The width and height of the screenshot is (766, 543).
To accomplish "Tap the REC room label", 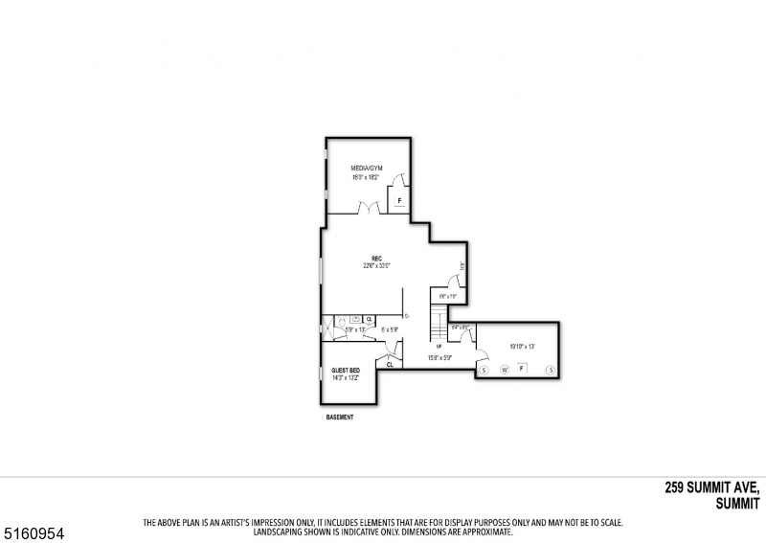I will coord(377,259).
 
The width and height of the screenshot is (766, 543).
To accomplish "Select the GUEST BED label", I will coord(345,371).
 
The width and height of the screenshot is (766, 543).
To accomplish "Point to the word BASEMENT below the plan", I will coord(340,418).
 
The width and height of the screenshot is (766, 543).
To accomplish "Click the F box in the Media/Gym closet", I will coord(398,201).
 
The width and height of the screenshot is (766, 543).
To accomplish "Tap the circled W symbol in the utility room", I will coord(504,369).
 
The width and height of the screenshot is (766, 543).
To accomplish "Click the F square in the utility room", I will coord(522,368).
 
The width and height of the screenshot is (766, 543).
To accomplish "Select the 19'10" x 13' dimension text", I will coord(522,346).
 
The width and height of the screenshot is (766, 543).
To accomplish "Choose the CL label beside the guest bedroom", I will coord(390,364).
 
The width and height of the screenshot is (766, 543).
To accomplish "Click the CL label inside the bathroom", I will coord(369,319).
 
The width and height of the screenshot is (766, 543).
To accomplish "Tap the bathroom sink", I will coord(355,319).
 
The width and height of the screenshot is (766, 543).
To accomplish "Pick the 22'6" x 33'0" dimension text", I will coord(377,266).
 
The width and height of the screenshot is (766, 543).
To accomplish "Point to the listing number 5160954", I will coord(28,528).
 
